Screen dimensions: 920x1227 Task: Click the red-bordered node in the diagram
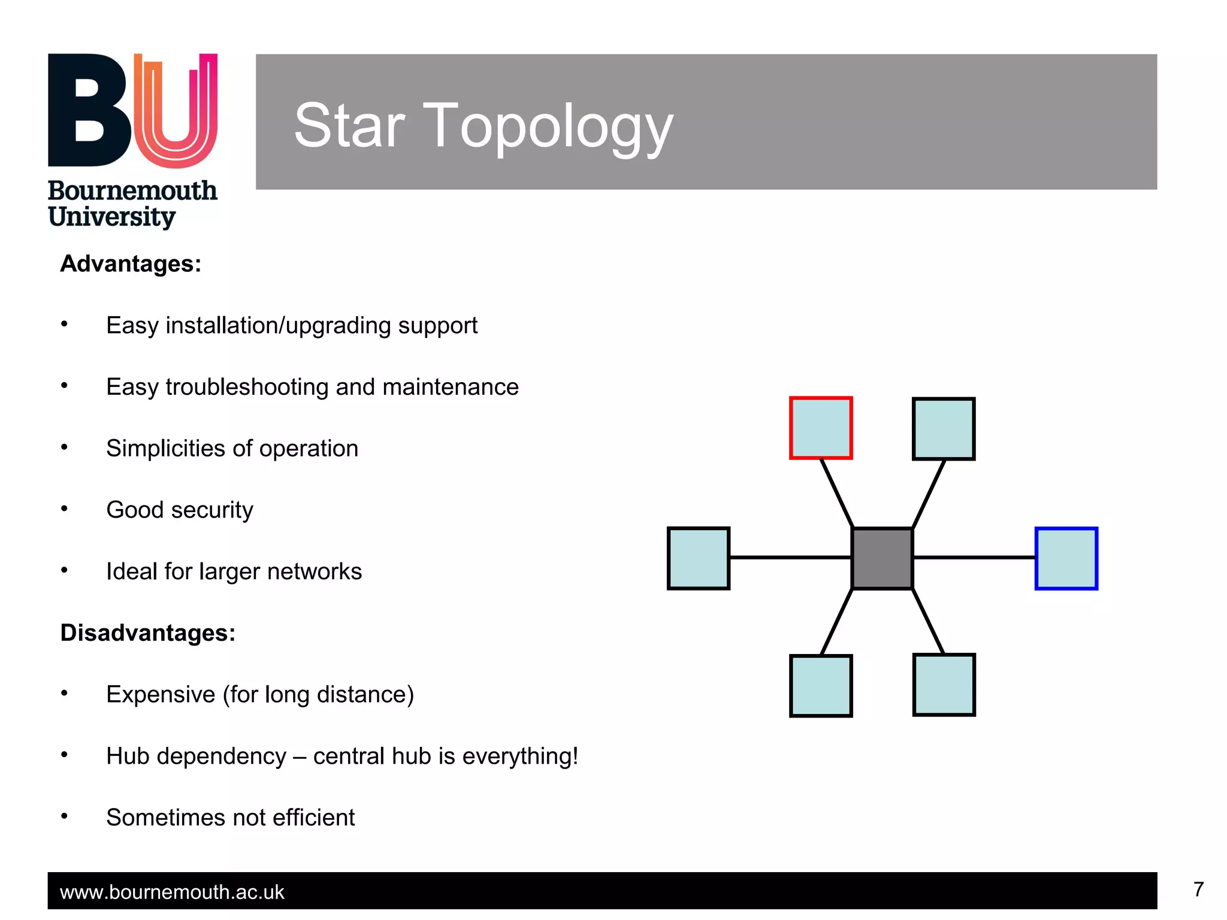[821, 428]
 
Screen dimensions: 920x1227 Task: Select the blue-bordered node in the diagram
[1066, 558]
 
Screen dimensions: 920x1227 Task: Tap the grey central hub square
[882, 558]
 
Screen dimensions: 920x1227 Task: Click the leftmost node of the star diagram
[699, 558]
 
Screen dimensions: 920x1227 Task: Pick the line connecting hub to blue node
[974, 558]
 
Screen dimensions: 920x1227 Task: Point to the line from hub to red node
[836, 493]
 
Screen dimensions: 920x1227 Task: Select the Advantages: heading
[131, 264]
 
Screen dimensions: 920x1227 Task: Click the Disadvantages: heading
[147, 633]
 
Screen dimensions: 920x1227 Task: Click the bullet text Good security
[180, 510]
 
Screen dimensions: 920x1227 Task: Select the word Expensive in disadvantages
[161, 695]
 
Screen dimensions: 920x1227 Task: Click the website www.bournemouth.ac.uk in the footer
[172, 892]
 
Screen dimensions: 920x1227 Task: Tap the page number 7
[1198, 889]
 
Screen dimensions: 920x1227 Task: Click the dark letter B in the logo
[89, 111]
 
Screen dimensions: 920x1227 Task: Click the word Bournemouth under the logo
[132, 191]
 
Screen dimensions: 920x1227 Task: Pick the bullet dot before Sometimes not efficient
[64, 816]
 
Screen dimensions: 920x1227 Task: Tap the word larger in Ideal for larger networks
[230, 572]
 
